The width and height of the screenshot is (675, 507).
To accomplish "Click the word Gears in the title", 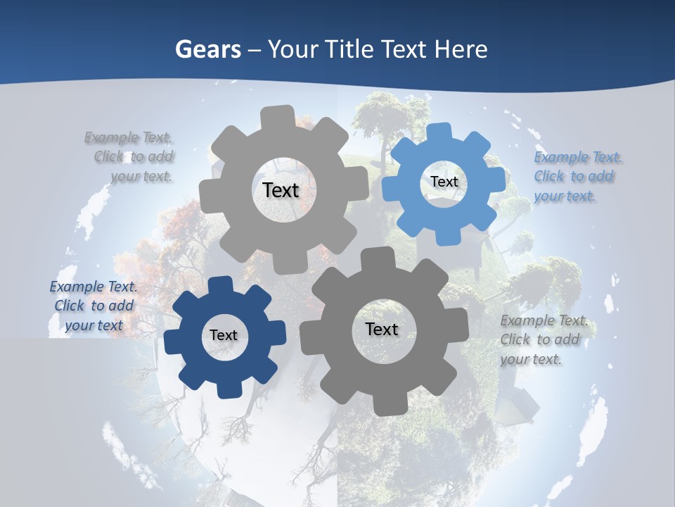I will pyautogui.click(x=207, y=50).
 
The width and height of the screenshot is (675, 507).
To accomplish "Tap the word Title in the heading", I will pyautogui.click(x=352, y=50).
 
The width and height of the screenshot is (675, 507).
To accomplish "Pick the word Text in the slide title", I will pyautogui.click(x=406, y=50).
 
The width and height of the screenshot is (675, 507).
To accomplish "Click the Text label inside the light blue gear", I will pyautogui.click(x=444, y=182).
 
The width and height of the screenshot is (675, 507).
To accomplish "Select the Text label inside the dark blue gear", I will pyautogui.click(x=224, y=335).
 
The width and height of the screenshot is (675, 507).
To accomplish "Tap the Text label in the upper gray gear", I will pyautogui.click(x=281, y=190).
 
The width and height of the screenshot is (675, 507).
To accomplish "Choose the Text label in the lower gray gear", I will pyautogui.click(x=381, y=329).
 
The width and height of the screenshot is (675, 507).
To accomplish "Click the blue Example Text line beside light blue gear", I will pyautogui.click(x=577, y=157).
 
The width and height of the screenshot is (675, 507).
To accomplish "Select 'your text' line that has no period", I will pyautogui.click(x=94, y=325).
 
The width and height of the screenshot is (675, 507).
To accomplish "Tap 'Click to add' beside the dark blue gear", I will pyautogui.click(x=94, y=306).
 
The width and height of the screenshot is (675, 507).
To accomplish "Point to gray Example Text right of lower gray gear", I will pyautogui.click(x=544, y=321).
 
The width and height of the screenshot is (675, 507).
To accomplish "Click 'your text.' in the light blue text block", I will pyautogui.click(x=564, y=196).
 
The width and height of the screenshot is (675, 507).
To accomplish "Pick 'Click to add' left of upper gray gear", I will pyautogui.click(x=134, y=156).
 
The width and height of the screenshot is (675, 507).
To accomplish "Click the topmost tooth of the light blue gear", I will pyautogui.click(x=439, y=132).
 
